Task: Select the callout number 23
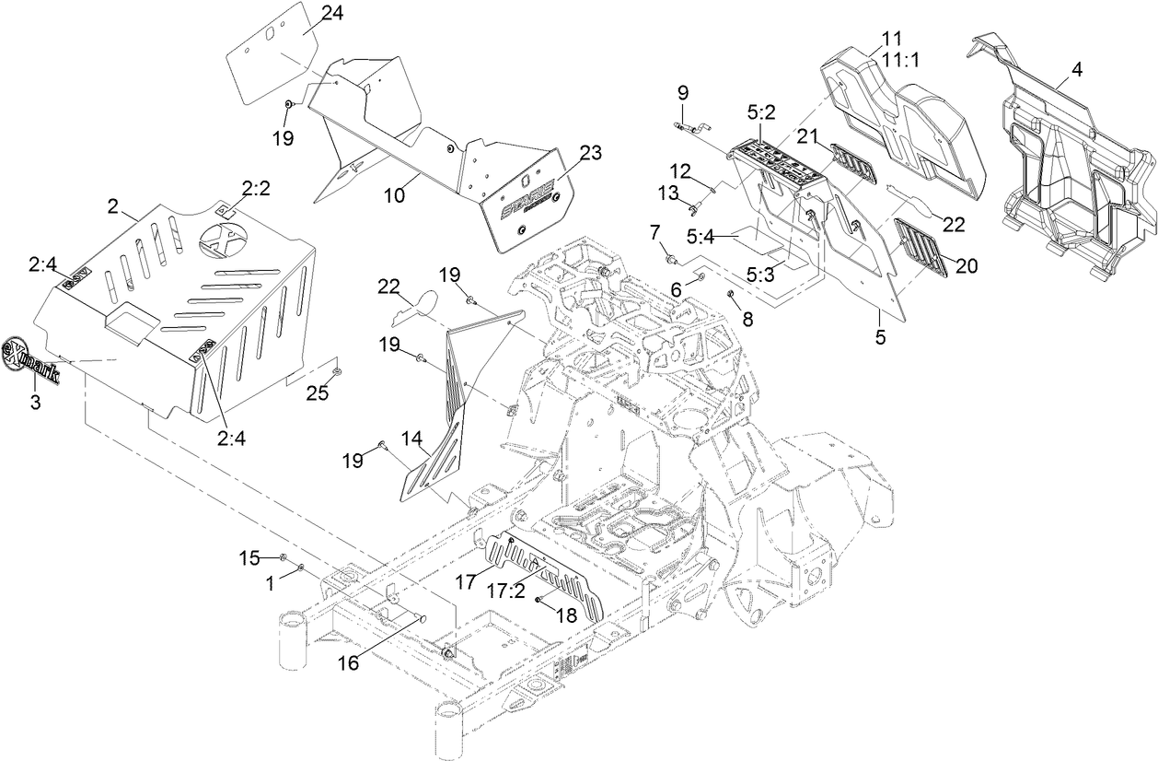coord(589,153)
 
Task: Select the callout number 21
coord(807,137)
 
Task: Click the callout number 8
coord(747,318)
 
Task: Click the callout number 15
coord(250,557)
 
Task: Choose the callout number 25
coord(318,394)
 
